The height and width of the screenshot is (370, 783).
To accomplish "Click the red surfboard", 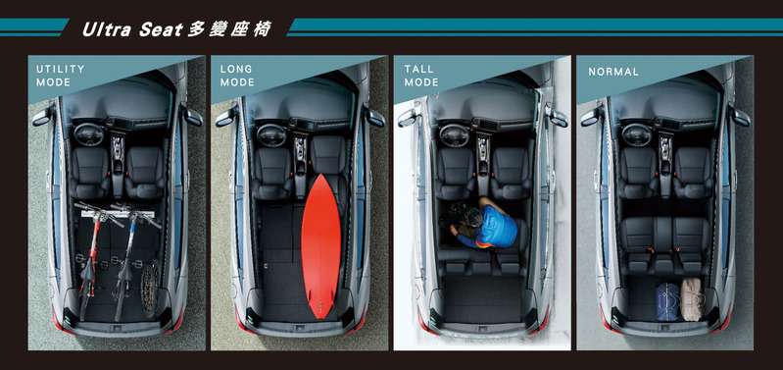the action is point(320,245).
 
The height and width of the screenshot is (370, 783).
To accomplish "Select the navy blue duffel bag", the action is point(667,300).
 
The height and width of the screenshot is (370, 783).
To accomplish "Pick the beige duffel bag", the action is point(692,299).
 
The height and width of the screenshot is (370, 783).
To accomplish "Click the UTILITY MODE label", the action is point(61,76).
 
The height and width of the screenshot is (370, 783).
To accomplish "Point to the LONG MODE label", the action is point(237,76).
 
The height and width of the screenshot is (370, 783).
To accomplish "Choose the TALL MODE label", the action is point(421,76).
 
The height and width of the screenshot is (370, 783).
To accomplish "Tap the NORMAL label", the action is point(613,72).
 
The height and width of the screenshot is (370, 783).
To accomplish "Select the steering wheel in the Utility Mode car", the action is point(89,133).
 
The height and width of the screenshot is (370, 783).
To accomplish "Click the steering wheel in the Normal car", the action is point(637,133).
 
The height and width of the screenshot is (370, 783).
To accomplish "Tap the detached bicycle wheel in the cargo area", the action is point(149,289).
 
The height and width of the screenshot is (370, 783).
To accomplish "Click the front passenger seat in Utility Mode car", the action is point(145,173).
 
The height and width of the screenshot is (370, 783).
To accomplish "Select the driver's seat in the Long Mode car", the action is point(272,173).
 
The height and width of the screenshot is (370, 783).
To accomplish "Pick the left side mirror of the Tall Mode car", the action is point(408,117).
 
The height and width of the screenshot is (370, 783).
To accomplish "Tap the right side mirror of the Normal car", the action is point(740,116).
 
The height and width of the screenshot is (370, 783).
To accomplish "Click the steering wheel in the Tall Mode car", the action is point(454,133).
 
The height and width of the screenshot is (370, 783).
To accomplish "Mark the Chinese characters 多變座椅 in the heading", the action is point(229,30).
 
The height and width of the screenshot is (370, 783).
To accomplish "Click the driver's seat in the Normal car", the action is point(639,173).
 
